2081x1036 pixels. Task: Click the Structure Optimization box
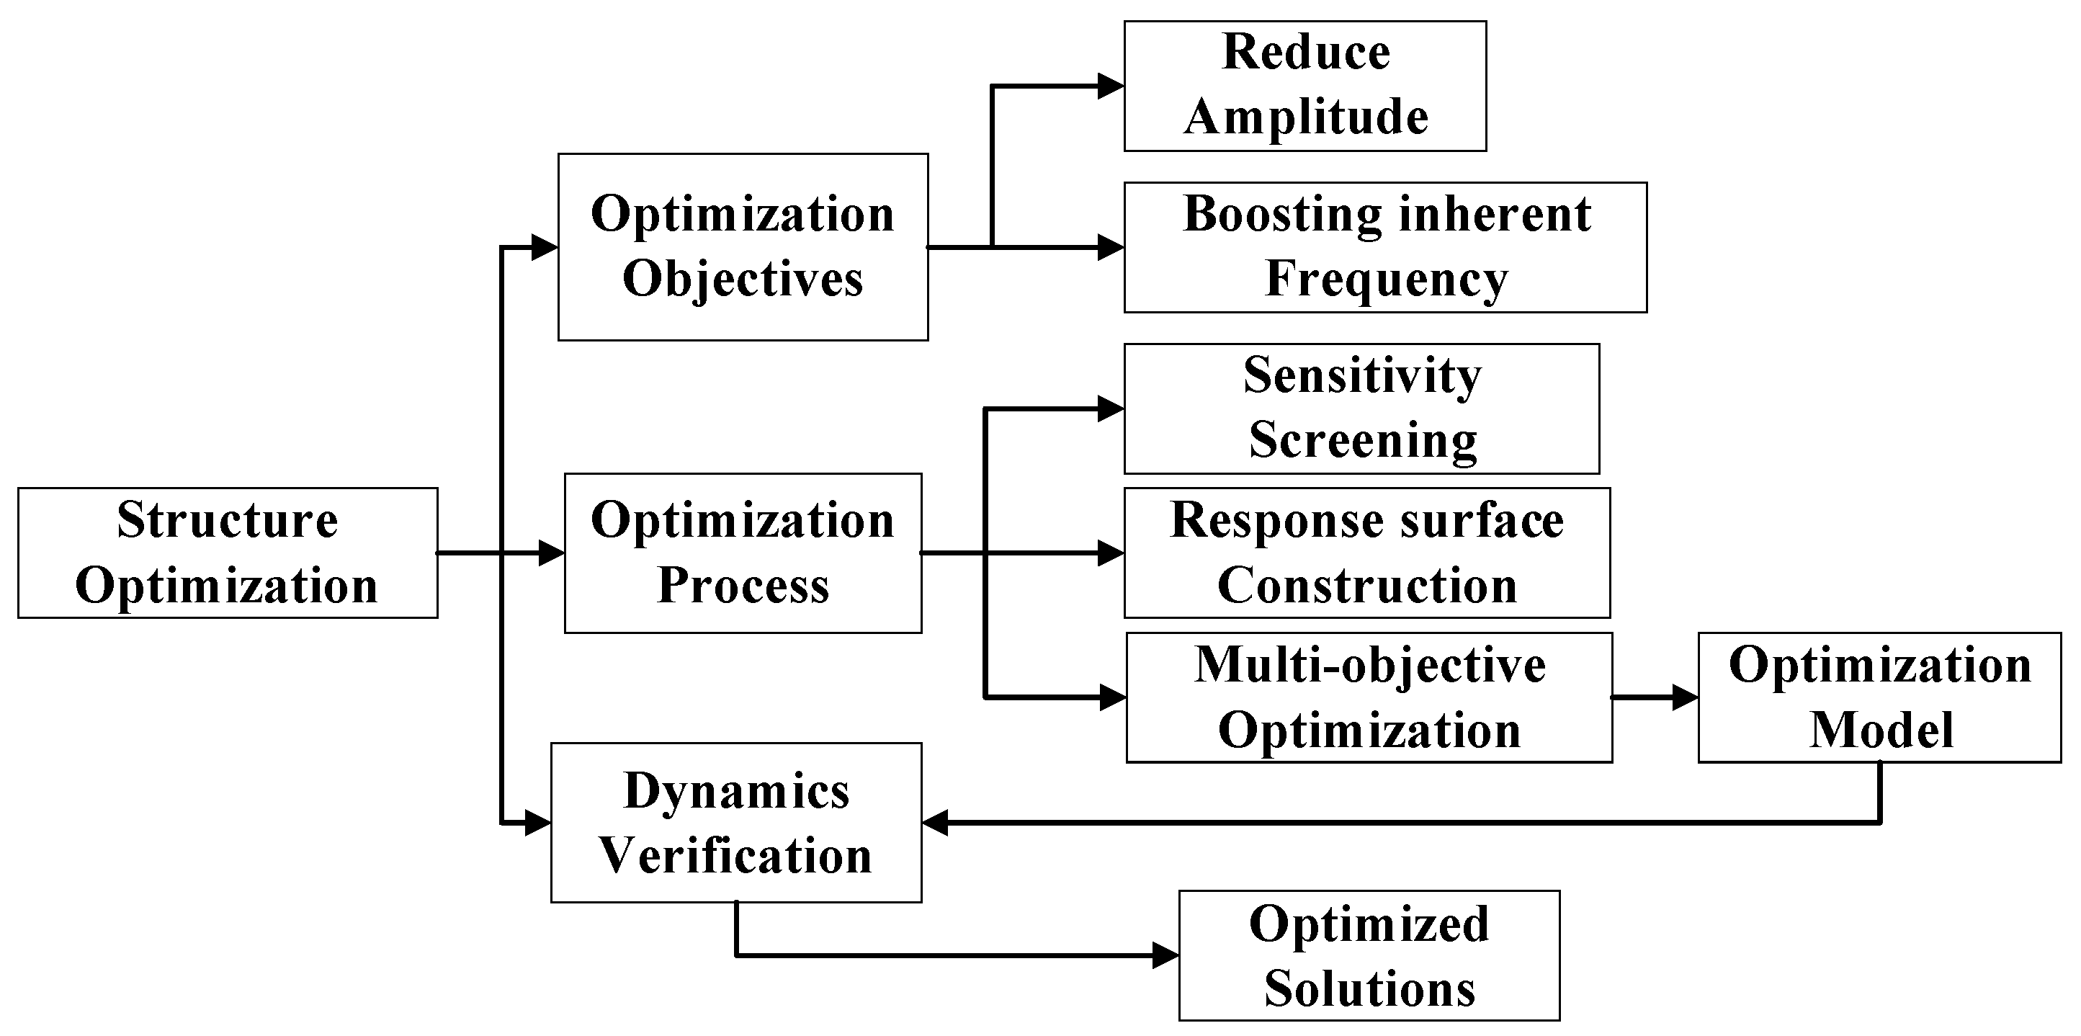227,553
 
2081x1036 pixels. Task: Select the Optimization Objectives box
743,246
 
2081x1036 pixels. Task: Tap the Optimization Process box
743,553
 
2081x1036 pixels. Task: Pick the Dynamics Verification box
736,822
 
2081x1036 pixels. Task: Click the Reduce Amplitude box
1304,86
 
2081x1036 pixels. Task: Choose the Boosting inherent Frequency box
1384,246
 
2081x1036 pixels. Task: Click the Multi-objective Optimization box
1369,697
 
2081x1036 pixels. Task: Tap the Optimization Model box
1879,697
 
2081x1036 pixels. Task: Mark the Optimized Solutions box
1369,955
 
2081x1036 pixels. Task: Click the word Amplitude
1305,117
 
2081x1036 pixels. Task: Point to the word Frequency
1387,279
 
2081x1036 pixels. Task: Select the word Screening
1363,440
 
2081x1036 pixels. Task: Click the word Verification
735,855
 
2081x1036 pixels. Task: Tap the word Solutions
1369,988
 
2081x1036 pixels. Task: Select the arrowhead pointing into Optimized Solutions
1165,955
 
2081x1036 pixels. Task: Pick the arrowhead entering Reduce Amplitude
1111,86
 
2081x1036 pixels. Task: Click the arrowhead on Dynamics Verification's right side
935,823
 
